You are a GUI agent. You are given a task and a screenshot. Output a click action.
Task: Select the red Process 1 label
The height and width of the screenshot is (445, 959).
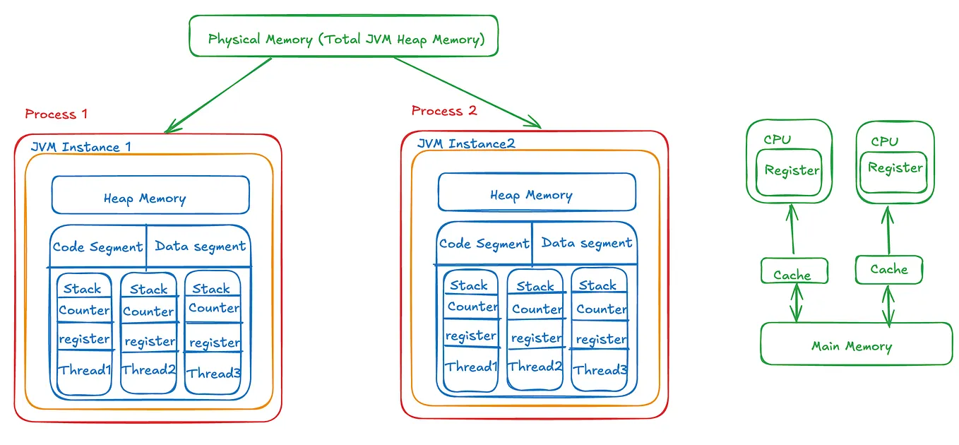click(56, 114)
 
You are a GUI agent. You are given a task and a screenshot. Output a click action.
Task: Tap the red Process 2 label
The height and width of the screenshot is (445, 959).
click(443, 110)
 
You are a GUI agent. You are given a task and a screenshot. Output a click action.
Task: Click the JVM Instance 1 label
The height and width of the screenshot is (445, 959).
click(81, 147)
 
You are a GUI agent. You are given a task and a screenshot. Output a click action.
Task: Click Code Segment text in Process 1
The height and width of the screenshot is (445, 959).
click(97, 247)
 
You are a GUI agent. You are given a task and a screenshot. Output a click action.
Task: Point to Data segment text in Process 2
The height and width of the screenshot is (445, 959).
click(586, 243)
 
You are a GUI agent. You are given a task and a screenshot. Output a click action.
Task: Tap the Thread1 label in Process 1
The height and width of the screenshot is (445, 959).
click(85, 370)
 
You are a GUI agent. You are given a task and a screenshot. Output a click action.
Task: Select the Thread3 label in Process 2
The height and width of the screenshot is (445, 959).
click(600, 369)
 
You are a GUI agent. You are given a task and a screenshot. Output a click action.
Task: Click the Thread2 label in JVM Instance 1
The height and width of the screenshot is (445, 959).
click(148, 369)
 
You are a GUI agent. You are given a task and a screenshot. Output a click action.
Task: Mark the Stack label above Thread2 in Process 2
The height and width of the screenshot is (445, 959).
click(535, 286)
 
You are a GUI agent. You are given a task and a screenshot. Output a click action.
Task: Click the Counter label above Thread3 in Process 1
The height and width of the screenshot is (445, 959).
click(213, 308)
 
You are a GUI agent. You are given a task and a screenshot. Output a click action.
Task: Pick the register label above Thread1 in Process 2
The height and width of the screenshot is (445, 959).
click(470, 336)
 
